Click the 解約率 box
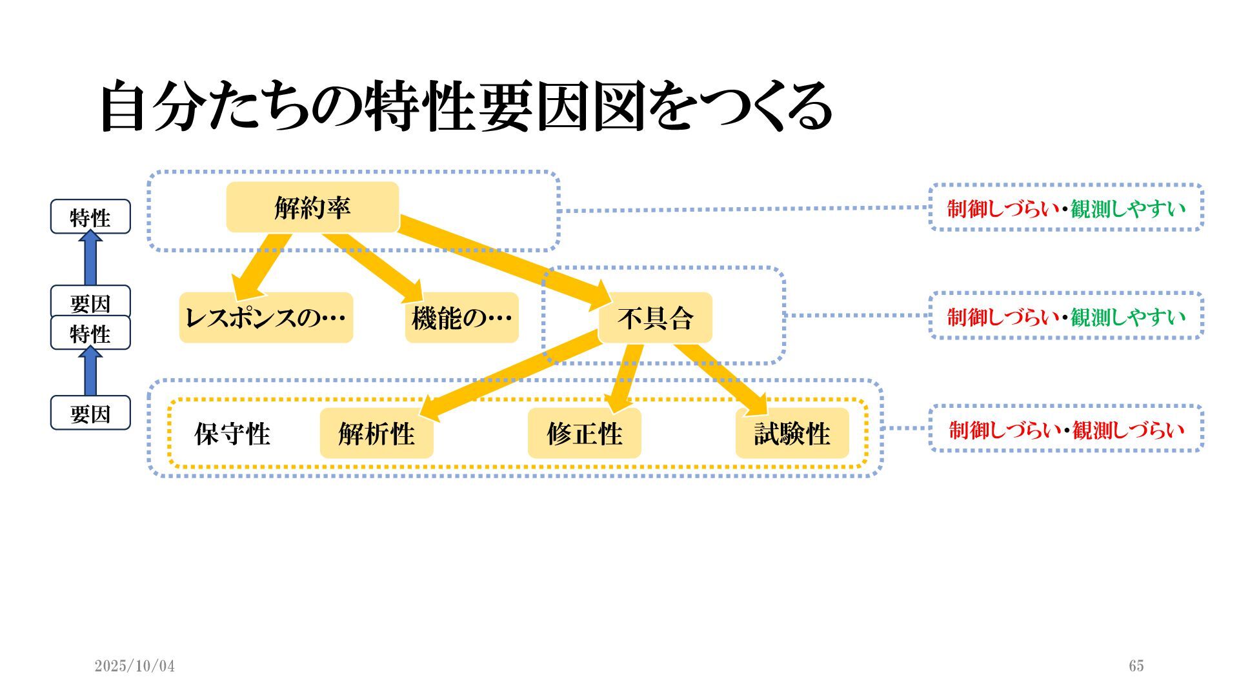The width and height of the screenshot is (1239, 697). pos(312,207)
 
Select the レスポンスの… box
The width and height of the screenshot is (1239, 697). pos(266,318)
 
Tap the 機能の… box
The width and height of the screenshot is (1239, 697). pos(461,318)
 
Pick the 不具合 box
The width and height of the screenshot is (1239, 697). pos(655,318)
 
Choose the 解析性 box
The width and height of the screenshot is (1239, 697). pos(376,433)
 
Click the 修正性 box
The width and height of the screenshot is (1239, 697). pos(584,433)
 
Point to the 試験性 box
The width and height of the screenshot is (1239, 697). pos(792,433)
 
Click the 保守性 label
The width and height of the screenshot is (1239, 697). pos(232,434)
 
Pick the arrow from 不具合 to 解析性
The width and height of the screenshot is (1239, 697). pos(510,374)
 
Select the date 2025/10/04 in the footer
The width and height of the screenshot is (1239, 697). pos(134,666)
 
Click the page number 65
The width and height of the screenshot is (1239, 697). pos(1136,666)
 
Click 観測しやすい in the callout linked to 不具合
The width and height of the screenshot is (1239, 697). pos(1128,316)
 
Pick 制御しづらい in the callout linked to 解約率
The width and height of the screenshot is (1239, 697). pos(1003,208)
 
